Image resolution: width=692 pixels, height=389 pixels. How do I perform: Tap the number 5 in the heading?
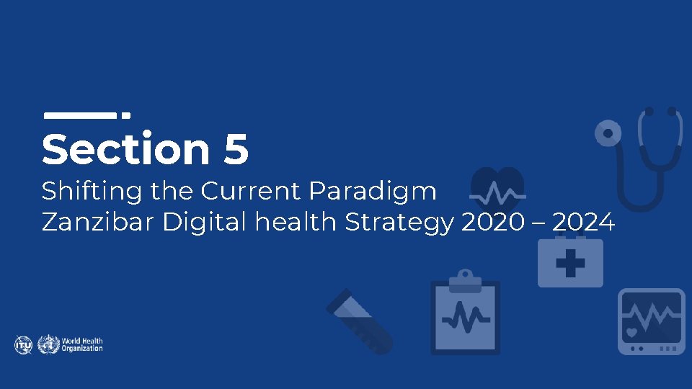[236, 150]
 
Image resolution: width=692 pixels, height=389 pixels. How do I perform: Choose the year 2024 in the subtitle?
[584, 223]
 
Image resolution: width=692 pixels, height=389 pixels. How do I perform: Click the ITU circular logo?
[23, 344]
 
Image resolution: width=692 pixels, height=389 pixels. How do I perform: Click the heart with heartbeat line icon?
[497, 192]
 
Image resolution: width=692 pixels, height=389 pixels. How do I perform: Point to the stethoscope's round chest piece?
[608, 133]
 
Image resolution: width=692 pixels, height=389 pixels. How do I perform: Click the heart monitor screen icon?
[652, 321]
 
